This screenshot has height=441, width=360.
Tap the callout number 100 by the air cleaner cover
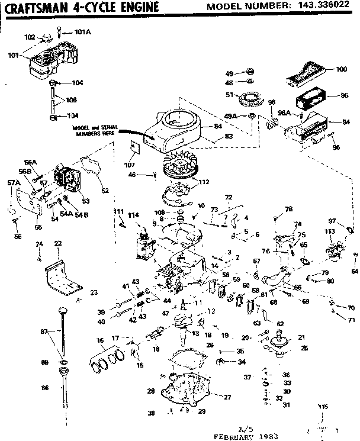coord(342,69)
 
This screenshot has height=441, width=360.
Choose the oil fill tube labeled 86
coord(63,387)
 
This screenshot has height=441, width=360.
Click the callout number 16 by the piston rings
coord(100,341)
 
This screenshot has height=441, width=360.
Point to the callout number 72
coord(229,197)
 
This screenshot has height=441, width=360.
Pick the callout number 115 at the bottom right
coord(322,407)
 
